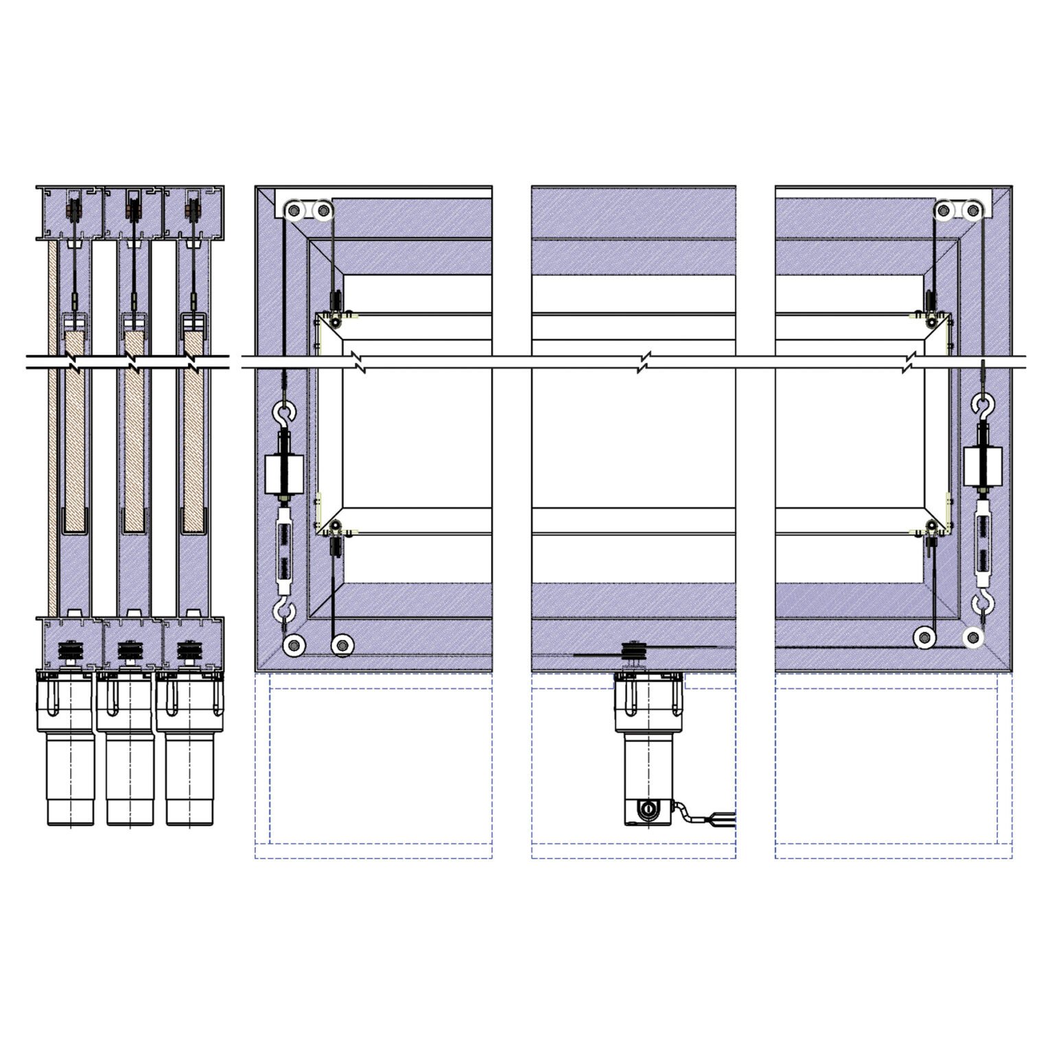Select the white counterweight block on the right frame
[x=983, y=466]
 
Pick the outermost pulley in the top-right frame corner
[x=973, y=210]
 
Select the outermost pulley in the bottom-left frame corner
[x=294, y=645]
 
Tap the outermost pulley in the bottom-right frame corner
[x=972, y=638]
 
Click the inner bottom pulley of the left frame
[x=342, y=645]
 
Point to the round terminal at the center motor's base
[x=646, y=810]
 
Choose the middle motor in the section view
[x=129, y=748]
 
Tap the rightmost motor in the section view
[x=189, y=748]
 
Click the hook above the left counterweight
[x=283, y=412]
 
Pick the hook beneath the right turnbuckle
[x=983, y=605]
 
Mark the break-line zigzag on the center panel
[x=644, y=362]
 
